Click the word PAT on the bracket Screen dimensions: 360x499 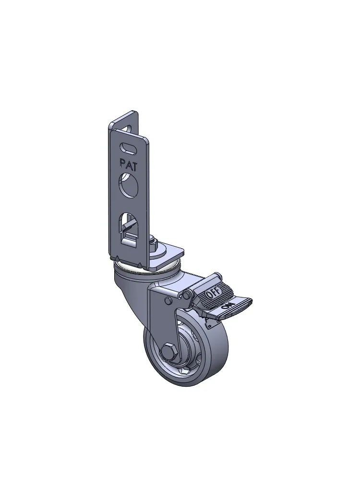click(128, 164)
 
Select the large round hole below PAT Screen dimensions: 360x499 click(129, 184)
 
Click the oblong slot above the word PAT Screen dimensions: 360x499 click(128, 148)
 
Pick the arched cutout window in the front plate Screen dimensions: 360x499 click(129, 228)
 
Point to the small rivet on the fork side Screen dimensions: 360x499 click(168, 300)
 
